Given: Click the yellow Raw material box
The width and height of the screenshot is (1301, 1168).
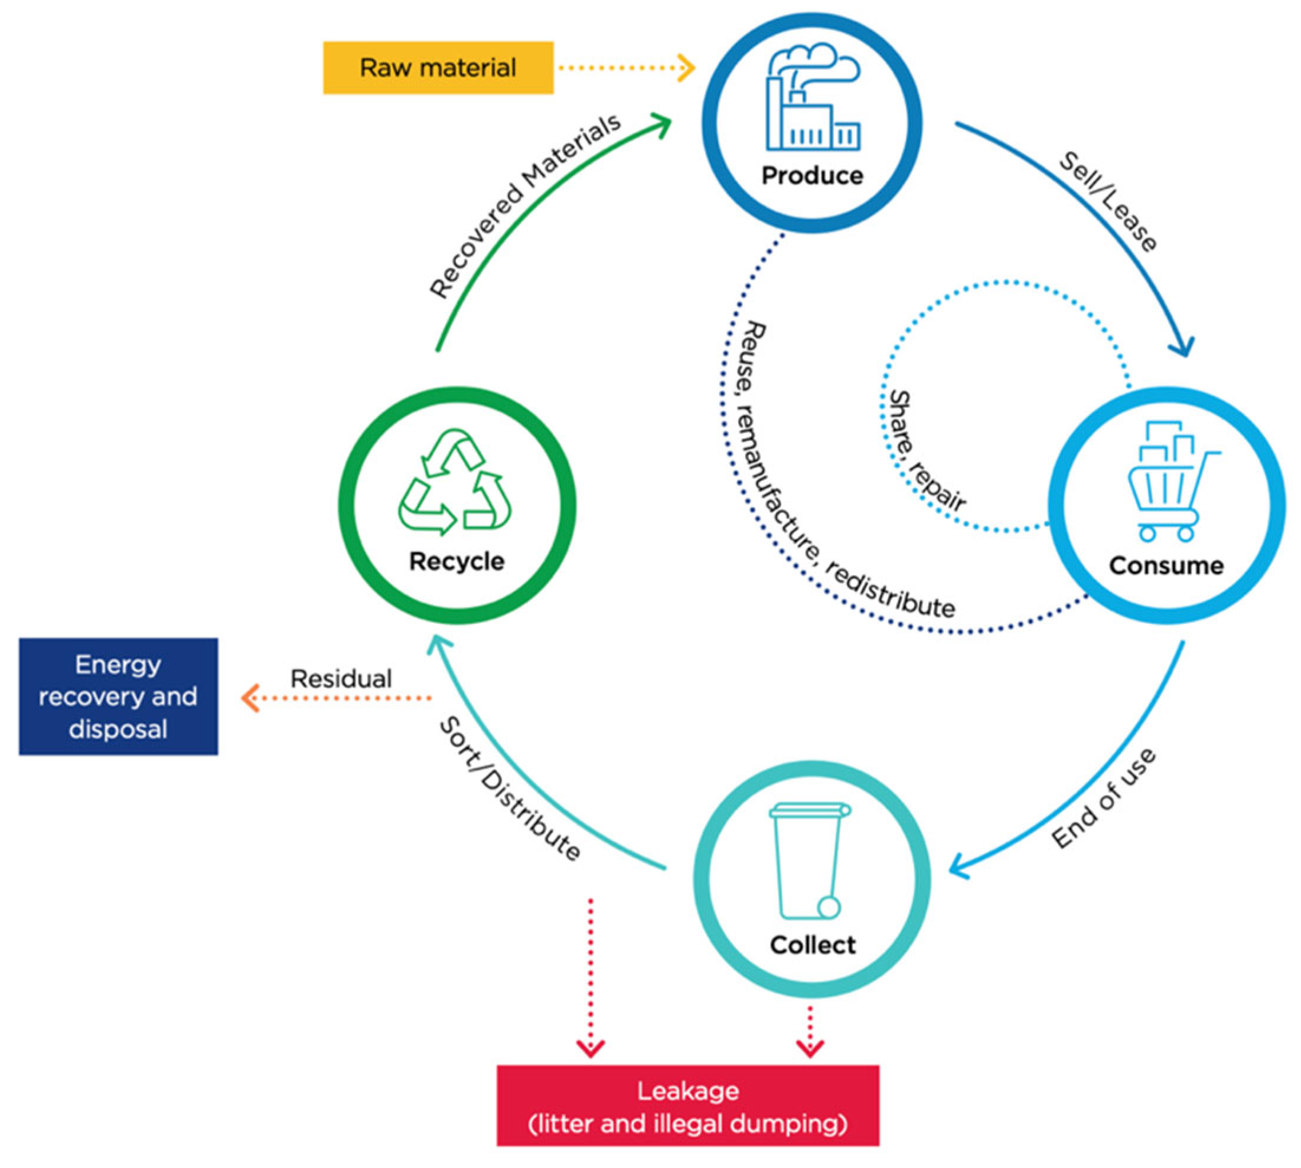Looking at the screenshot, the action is click(x=438, y=68).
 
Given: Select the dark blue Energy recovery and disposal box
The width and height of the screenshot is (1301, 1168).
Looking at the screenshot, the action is click(x=118, y=696).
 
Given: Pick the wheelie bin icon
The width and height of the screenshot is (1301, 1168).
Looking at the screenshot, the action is click(x=810, y=861).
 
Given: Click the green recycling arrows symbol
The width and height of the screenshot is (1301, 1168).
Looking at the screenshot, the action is click(x=455, y=482).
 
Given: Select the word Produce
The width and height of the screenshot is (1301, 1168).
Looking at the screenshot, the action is click(x=813, y=175).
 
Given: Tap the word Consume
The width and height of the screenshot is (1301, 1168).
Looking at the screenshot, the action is click(x=1166, y=565).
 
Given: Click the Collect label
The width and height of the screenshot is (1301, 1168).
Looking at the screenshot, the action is click(x=813, y=945).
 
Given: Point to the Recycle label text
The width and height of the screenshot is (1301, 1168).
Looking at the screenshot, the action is click(x=457, y=561).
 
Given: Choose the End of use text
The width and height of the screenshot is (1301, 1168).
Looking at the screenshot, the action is click(x=1103, y=799).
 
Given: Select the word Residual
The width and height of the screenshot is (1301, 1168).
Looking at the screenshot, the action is click(x=341, y=679).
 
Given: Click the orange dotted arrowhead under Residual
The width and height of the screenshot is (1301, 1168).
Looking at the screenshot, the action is click(x=250, y=698).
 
